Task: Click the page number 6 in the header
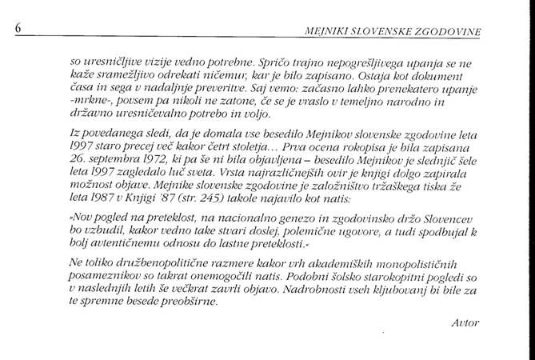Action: pos(18,29)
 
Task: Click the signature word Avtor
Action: pos(465,322)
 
